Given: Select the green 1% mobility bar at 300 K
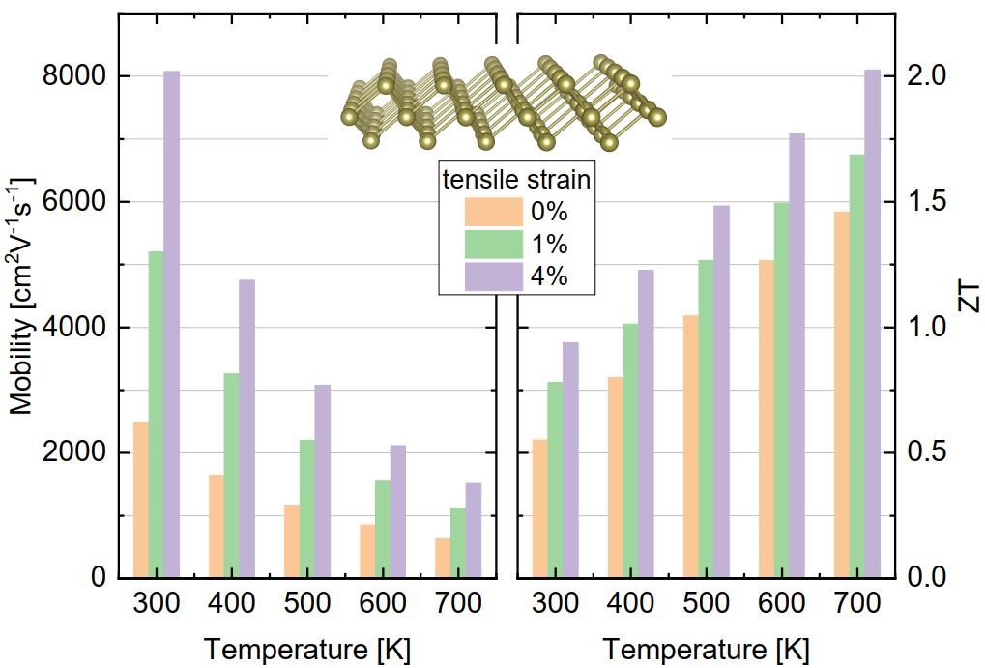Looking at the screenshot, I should click(x=156, y=415).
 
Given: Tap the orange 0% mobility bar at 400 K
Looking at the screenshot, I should click(x=216, y=526).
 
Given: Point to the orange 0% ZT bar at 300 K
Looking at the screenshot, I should click(x=539, y=508).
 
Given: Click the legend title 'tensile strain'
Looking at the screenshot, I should click(x=515, y=180).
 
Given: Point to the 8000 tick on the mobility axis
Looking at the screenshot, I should click(x=76, y=76).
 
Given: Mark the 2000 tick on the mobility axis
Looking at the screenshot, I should click(x=76, y=453).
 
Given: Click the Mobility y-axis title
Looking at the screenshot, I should click(x=22, y=296).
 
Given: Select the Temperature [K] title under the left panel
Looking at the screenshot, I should click(x=305, y=649).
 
